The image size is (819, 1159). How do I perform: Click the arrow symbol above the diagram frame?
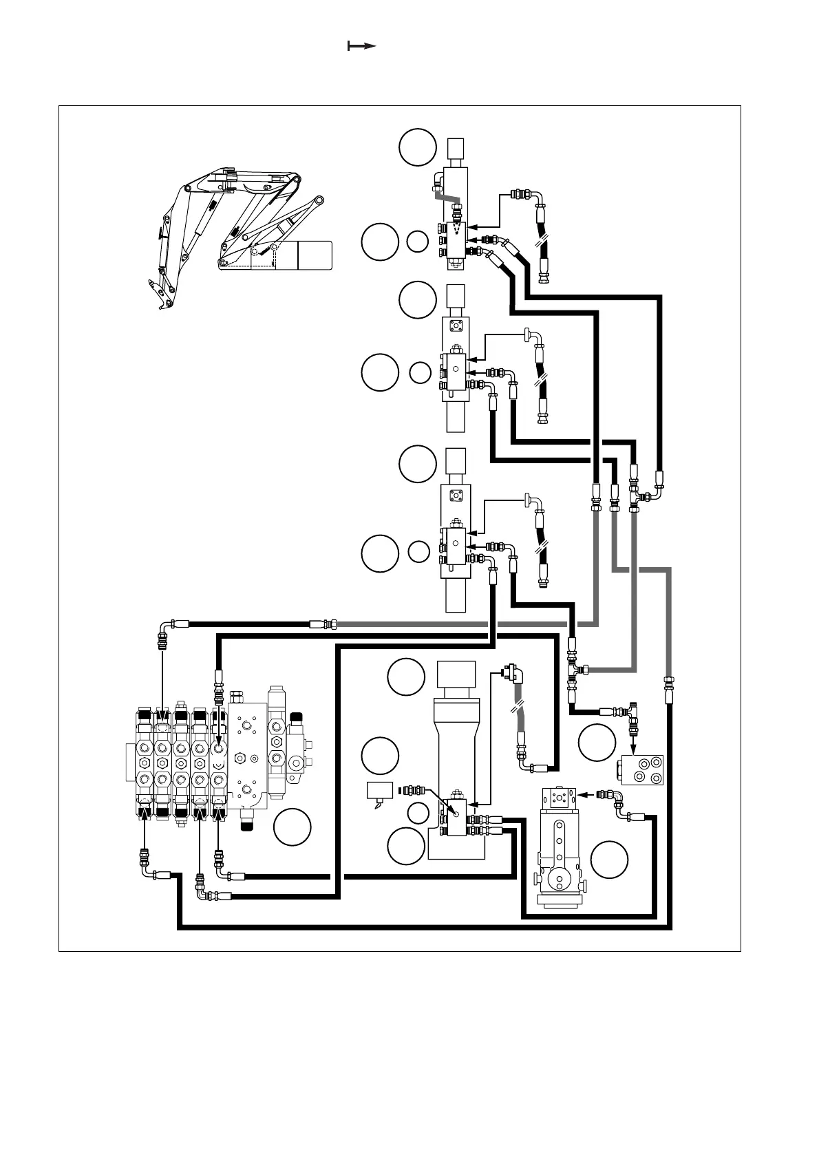coord(361,46)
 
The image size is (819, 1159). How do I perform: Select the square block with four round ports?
coord(641,770)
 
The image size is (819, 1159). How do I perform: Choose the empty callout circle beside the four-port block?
coord(597,743)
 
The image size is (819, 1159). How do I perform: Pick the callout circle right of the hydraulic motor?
coord(610,860)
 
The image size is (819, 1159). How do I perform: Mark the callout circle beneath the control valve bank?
coord(292,828)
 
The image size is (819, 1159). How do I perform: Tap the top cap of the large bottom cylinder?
coord(456,673)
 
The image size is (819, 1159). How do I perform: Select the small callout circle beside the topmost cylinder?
coord(417,242)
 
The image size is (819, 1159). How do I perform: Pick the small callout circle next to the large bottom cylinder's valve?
coord(418,813)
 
